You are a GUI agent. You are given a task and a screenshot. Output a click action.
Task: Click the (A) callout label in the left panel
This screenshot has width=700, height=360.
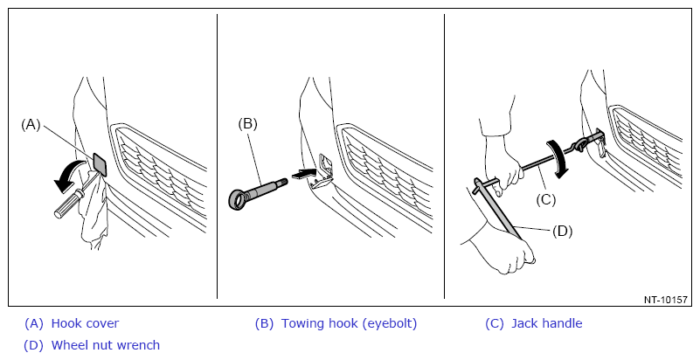point(31,125)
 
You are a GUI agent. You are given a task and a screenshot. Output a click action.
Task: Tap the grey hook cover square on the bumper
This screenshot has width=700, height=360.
point(100,164)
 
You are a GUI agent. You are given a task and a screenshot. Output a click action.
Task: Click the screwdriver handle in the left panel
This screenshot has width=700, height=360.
point(66,205)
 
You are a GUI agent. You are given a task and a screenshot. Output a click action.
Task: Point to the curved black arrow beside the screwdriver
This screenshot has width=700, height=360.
point(71,175)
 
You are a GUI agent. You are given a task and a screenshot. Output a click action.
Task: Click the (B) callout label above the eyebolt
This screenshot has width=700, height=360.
point(248,123)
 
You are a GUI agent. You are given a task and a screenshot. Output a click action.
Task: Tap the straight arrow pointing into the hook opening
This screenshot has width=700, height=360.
point(304,174)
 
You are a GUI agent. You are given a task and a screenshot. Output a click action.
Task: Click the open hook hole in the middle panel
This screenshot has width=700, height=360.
point(324,167)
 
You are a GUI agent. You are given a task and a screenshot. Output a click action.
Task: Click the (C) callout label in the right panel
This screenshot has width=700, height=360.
point(545,200)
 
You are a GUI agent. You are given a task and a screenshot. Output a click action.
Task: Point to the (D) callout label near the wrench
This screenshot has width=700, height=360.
point(562,231)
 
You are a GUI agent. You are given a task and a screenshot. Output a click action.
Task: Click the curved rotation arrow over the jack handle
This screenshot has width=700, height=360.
point(558,159)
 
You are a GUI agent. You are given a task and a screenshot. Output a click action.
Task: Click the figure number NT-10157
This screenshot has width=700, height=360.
point(666,300)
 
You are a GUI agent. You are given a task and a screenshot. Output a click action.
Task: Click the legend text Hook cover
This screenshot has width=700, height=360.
point(86,323)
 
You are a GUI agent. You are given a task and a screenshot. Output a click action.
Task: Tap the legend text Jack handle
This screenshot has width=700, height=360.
point(547,323)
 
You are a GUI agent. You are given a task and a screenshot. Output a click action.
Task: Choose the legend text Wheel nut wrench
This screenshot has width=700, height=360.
point(106,345)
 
